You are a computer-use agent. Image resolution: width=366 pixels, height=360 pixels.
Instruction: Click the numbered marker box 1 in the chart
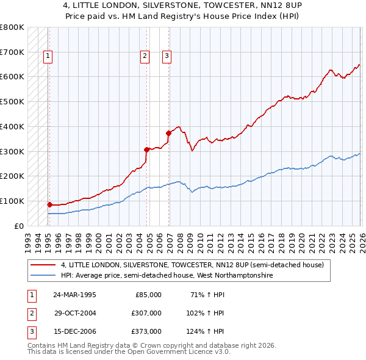click(x=48, y=57)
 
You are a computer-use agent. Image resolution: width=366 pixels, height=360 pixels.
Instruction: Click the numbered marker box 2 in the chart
click(x=145, y=57)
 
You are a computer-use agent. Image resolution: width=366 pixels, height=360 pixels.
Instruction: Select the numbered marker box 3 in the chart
click(x=167, y=57)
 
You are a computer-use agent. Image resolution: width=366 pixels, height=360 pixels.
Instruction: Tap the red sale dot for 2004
click(x=147, y=149)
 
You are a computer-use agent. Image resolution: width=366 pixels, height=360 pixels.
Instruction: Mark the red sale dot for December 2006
click(x=168, y=132)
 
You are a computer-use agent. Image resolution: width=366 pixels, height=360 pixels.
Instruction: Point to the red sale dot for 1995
click(x=49, y=204)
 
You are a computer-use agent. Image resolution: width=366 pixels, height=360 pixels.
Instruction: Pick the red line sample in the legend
click(x=43, y=265)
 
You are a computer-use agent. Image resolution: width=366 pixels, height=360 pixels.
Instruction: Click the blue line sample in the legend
click(x=43, y=276)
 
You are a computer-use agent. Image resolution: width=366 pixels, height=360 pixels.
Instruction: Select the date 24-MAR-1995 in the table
click(x=74, y=295)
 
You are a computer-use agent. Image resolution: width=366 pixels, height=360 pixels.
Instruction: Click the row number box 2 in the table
click(x=30, y=313)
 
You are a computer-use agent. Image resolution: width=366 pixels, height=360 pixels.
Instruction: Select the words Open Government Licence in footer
click(x=170, y=352)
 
